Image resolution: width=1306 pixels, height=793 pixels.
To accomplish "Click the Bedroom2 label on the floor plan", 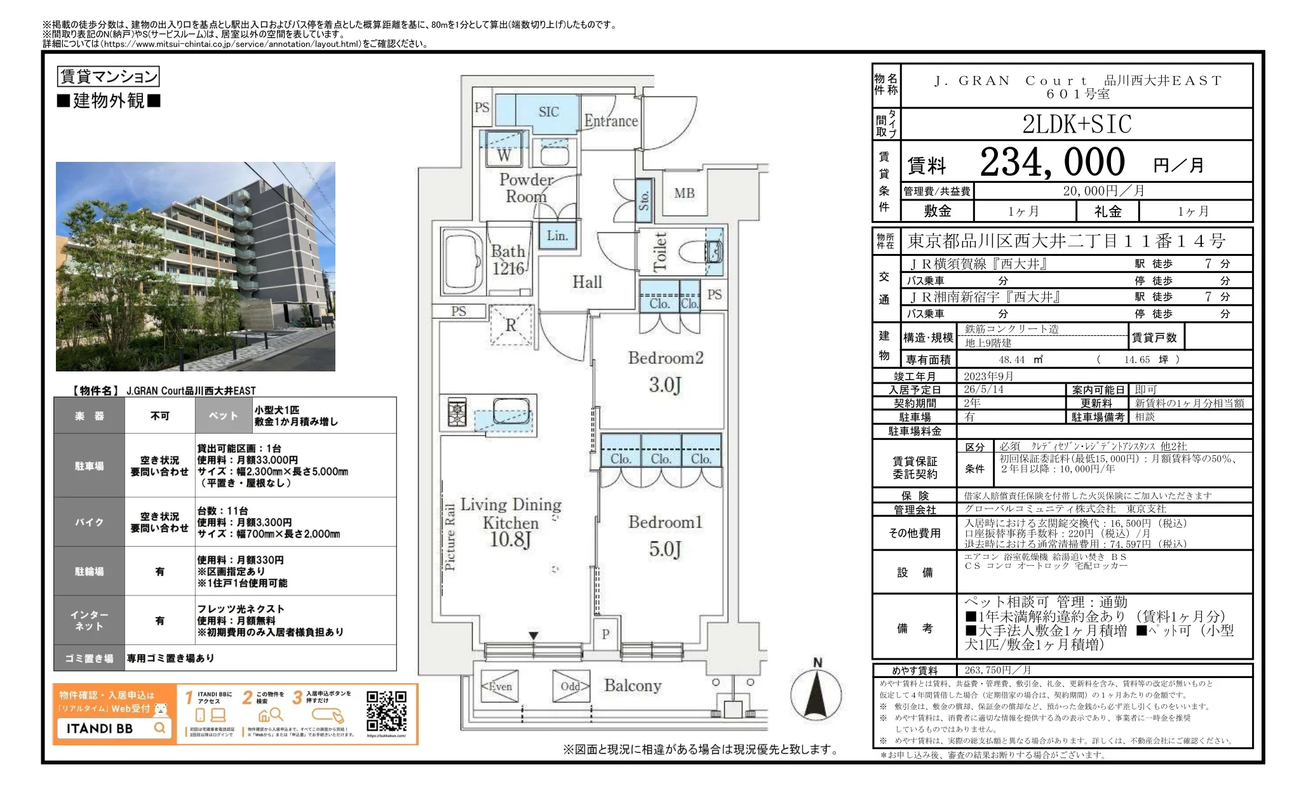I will coord(665,358).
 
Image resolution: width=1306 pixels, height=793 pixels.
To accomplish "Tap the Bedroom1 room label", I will coord(665,523).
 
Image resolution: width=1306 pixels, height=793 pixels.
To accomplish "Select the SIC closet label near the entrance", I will coord(548,112).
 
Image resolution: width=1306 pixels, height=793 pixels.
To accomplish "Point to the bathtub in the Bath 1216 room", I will coord(462,261).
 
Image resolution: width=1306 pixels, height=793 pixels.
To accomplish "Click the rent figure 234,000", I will coord(1052,163).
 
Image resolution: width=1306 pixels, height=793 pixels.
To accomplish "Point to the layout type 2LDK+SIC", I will coord(1077,124).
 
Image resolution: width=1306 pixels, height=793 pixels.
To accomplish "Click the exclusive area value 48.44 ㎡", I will coord(1020,360).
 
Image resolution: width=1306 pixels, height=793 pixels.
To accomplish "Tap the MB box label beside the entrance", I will coord(684,193).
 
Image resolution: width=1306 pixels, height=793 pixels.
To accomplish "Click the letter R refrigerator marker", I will coord(511,326).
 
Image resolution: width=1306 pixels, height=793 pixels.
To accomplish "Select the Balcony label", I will coord(633,686).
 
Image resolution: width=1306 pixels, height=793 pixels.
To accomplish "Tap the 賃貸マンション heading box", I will coord(108,77).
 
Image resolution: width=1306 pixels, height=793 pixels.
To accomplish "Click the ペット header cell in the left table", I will coord(224,416).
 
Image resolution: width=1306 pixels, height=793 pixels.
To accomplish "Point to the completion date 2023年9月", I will coord(988,377).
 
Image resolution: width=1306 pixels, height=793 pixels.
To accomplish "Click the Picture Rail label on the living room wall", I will coord(450,537).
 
